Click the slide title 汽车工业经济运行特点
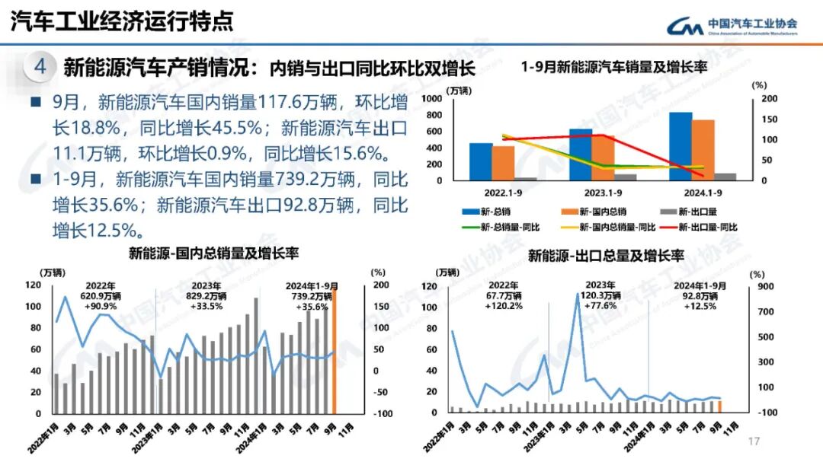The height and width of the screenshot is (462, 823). [122, 22]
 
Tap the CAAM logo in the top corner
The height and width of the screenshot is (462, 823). [732, 25]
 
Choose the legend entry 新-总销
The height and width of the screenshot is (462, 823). [487, 212]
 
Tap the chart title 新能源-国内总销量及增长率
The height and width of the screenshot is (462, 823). [213, 253]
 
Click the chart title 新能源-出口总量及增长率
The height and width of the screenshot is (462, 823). [605, 255]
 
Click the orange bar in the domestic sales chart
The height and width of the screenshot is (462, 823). [334, 350]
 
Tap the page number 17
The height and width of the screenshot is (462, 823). [755, 441]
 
